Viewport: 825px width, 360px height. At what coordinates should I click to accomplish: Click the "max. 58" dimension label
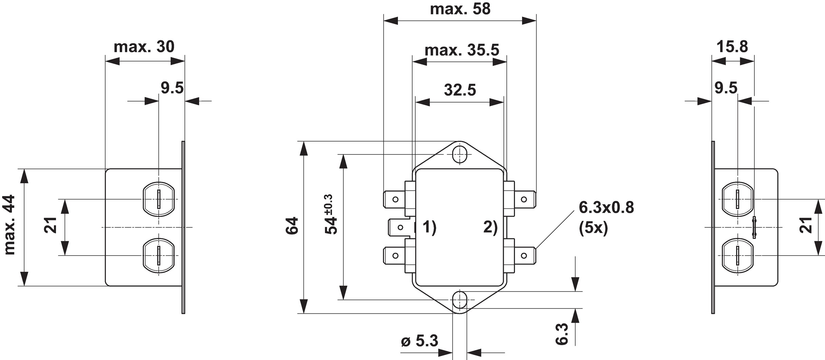460,9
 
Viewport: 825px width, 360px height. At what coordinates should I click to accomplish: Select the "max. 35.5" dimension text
462,50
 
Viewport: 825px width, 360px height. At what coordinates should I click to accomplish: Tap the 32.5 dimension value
460,90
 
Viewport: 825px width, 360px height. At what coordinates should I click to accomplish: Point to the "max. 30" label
144,47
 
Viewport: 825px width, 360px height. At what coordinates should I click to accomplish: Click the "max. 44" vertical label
10,225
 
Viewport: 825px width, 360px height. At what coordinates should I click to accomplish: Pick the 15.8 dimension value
732,46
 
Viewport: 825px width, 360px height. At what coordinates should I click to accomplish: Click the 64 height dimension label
292,226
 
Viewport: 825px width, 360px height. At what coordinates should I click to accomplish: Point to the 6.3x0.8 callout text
606,208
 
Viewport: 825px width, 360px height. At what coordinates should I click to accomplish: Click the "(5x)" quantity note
593,228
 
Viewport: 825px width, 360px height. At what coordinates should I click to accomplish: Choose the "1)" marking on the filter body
429,227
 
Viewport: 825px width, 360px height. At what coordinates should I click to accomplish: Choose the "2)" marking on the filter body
490,227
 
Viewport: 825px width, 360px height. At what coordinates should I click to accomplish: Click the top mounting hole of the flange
460,155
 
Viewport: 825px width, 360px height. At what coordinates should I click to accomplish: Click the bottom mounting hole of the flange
460,300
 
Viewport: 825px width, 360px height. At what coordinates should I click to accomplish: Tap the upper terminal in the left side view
158,199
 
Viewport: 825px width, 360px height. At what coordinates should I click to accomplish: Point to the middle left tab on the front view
397,227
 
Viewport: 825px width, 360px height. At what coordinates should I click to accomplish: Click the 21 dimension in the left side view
50,225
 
